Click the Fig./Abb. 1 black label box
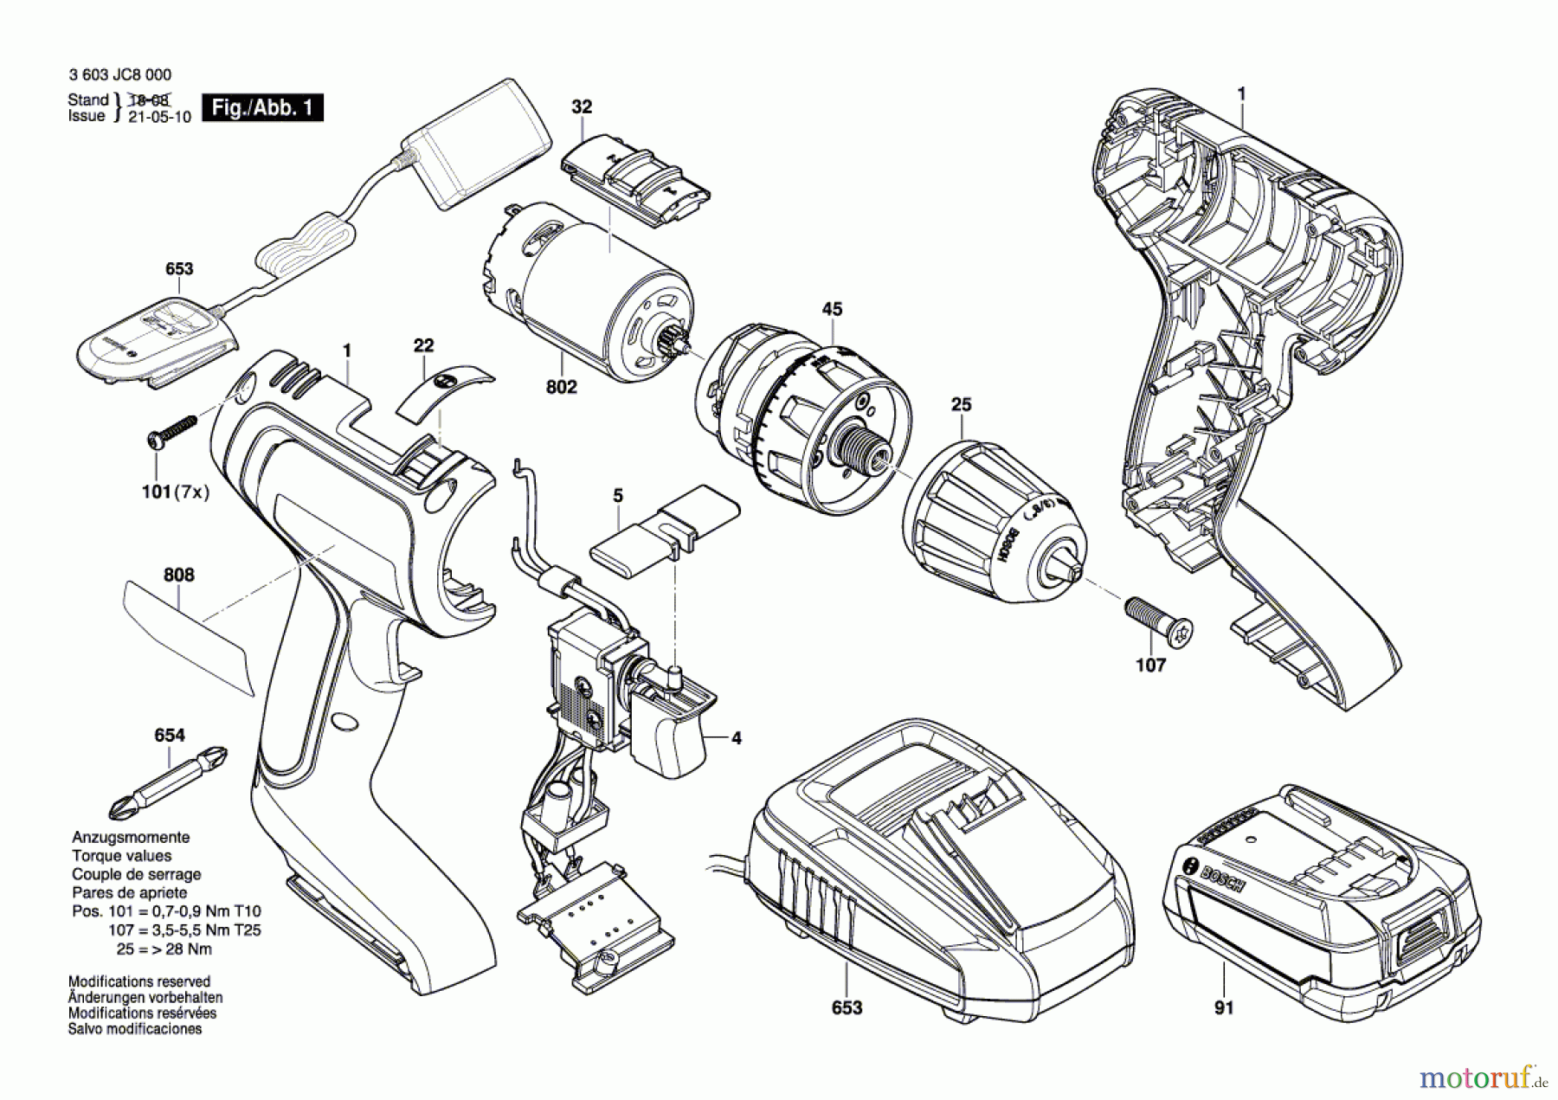(262, 108)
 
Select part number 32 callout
(582, 106)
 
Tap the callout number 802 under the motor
(561, 387)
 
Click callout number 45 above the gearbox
(832, 309)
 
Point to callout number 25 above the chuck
(961, 404)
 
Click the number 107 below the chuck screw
(1150, 665)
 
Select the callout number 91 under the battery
(1223, 1007)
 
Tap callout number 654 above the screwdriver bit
(170, 735)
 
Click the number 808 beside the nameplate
(178, 575)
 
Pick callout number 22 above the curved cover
(423, 345)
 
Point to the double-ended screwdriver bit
(169, 782)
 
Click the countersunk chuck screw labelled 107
(1158, 619)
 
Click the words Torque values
(121, 856)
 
